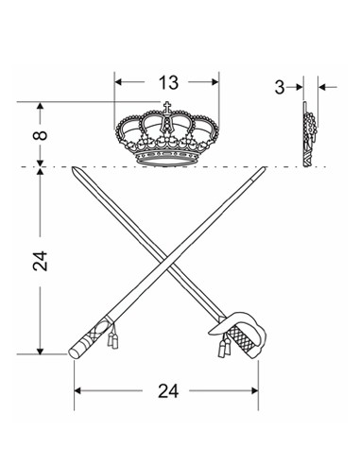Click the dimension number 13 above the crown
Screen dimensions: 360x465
coord(168,82)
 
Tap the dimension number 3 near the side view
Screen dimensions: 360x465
coord(280,87)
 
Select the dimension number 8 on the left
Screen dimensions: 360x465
coord(41,135)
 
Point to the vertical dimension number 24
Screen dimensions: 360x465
coord(40,261)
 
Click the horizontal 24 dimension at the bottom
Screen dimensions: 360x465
coord(168,391)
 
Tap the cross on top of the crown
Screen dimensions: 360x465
coord(167,107)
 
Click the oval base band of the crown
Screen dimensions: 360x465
coord(166,160)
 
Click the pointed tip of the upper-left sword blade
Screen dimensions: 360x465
coord(73,168)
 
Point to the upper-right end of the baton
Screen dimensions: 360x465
coord(264,169)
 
